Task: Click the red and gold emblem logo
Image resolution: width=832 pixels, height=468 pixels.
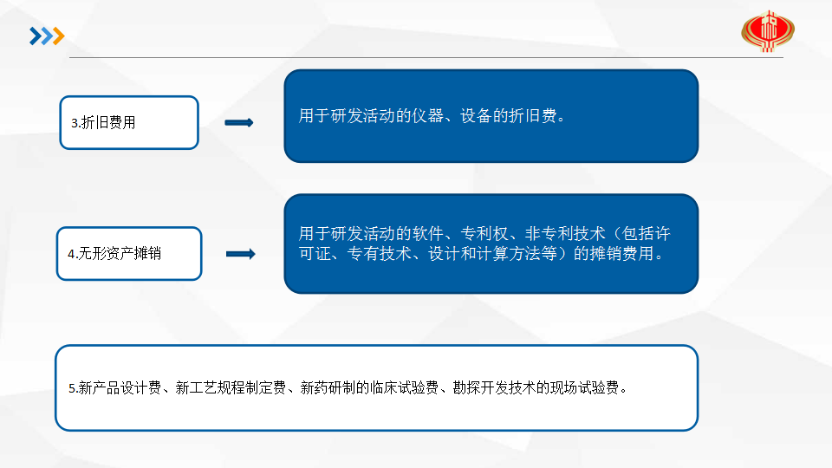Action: pos(768,31)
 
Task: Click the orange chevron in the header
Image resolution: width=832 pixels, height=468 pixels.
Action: pos(58,36)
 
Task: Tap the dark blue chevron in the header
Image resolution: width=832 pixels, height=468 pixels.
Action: pos(35,36)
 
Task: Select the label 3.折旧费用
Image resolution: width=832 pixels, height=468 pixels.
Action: pos(103,122)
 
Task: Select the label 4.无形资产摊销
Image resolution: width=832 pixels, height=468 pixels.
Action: pos(114,254)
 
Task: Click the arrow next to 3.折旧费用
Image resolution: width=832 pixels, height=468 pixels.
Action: pos(239,122)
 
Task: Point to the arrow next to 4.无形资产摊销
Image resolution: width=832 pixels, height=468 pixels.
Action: pos(241,254)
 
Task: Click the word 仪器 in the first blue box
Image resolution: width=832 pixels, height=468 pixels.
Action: pos(427,115)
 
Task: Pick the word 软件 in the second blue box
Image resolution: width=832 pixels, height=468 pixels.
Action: pos(427,233)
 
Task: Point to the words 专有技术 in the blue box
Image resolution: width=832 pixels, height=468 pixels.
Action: pos(380,254)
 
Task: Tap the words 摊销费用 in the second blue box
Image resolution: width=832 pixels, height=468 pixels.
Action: pos(621,254)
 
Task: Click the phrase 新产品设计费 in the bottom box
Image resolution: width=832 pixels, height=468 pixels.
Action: pos(120,388)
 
